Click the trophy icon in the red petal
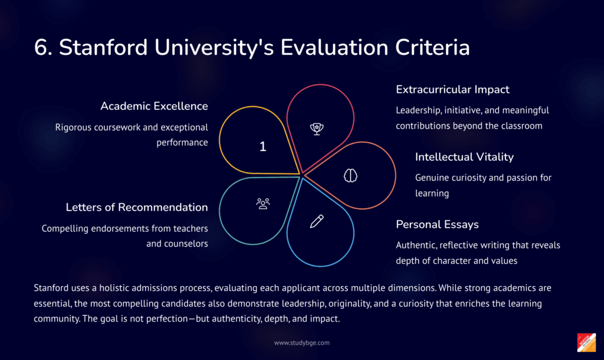click(x=317, y=129)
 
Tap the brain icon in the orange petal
click(x=350, y=176)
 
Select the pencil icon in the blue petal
click(x=317, y=221)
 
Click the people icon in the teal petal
click(x=263, y=204)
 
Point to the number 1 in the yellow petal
click(x=262, y=146)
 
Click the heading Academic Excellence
click(x=154, y=106)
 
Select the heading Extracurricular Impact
click(x=452, y=90)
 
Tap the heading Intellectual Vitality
click(x=464, y=157)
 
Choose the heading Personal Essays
click(x=437, y=224)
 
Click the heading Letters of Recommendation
click(x=137, y=207)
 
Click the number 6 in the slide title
click(x=41, y=48)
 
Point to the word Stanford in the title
click(x=103, y=47)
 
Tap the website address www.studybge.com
click(x=302, y=343)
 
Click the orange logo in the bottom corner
click(x=586, y=343)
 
